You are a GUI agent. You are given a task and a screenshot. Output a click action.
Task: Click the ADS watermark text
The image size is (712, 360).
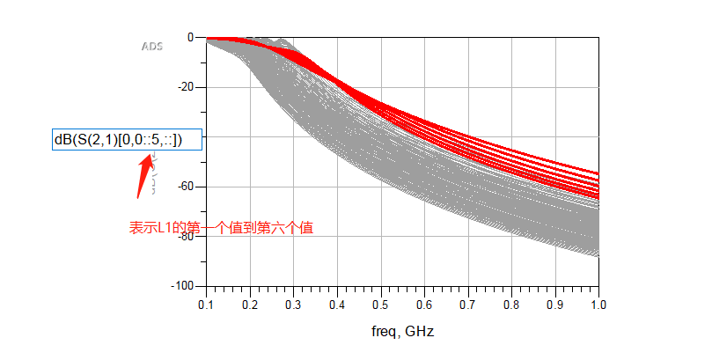(152, 45)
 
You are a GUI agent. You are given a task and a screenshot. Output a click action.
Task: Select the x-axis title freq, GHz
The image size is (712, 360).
(402, 332)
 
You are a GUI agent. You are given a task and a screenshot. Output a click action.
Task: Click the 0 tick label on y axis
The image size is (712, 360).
(189, 38)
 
